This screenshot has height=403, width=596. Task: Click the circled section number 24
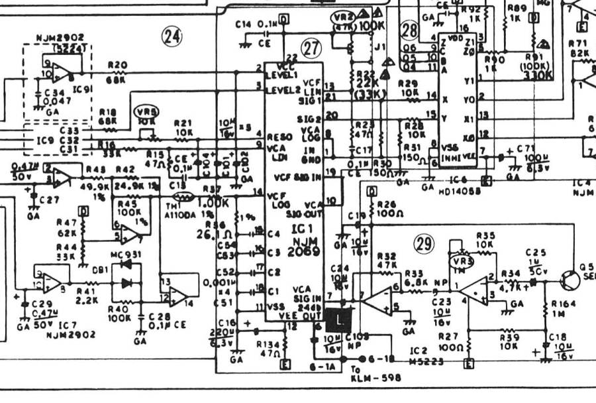173,36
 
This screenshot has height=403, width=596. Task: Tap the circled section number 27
311,47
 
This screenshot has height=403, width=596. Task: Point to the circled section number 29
424,244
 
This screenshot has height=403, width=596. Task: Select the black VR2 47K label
344,19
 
